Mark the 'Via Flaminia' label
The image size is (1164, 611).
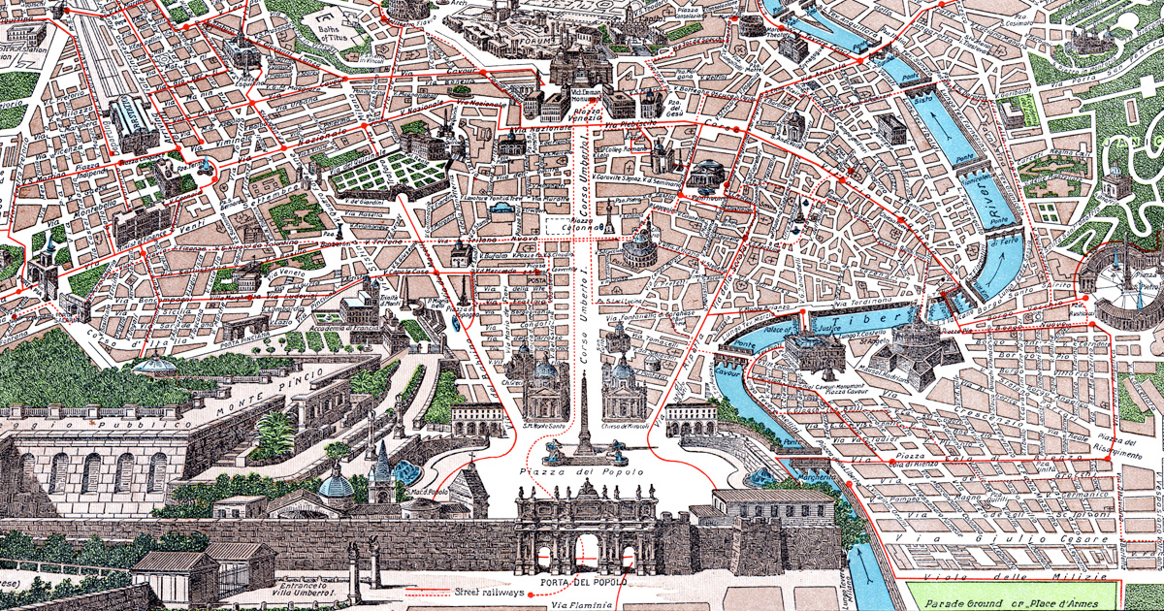point(582,604)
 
